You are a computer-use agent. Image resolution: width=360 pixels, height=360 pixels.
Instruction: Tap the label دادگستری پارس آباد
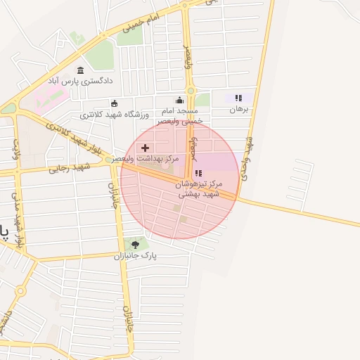(80, 82)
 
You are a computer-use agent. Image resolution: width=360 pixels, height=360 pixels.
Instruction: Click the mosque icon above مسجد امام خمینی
(179, 100)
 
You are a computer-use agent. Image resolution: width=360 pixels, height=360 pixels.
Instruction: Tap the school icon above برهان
(239, 98)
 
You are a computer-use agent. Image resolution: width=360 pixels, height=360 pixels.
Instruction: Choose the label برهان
(239, 110)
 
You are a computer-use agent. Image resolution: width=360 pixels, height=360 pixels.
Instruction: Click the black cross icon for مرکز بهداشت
(146, 148)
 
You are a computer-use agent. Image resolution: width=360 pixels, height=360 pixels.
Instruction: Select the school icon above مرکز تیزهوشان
(198, 173)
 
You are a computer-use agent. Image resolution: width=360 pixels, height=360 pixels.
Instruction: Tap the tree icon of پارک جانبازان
(135, 245)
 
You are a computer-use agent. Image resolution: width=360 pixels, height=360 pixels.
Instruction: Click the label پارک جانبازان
(135, 256)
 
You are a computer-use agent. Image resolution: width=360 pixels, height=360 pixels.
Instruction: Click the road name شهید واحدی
(247, 158)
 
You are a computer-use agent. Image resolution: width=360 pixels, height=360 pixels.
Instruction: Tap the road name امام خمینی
(143, 23)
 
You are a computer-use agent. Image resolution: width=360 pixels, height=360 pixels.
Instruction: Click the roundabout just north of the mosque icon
(188, 89)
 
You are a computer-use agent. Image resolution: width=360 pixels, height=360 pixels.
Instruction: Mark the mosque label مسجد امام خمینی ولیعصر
(181, 116)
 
